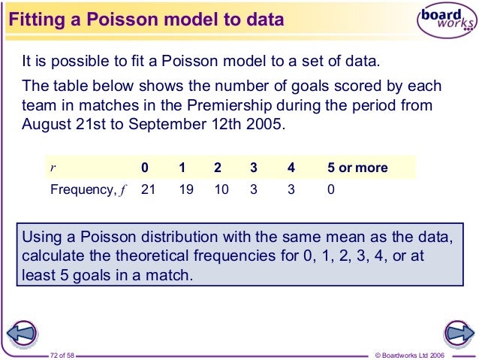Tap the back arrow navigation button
click(22, 331)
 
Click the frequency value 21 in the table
click(149, 189)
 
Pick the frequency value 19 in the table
click(185, 189)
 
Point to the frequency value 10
click(221, 189)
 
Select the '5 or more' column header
click(357, 168)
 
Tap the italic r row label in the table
click(53, 168)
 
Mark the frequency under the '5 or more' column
click(330, 189)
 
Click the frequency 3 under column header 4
click(291, 189)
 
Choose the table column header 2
click(218, 168)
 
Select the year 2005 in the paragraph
click(267, 124)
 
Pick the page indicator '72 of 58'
click(64, 353)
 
